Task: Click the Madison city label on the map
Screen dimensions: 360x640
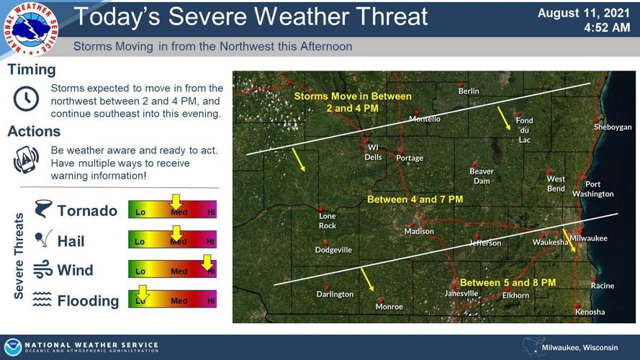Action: click(x=419, y=231)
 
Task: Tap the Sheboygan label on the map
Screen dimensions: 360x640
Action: click(x=613, y=127)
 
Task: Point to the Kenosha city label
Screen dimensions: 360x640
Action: click(x=590, y=312)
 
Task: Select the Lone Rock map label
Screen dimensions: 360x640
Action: click(x=328, y=220)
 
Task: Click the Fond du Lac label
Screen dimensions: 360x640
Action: click(x=524, y=130)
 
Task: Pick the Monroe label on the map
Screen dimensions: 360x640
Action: click(x=389, y=307)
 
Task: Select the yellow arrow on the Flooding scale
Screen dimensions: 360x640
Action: click(x=142, y=292)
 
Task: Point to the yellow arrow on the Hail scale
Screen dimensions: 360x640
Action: click(x=175, y=232)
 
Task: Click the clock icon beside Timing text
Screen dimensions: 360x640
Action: click(x=27, y=98)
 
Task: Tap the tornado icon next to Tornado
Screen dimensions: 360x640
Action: click(x=42, y=210)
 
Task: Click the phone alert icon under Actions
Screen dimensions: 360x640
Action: click(x=27, y=159)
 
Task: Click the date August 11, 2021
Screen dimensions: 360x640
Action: click(x=578, y=13)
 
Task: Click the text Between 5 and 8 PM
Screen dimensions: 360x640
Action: click(x=508, y=282)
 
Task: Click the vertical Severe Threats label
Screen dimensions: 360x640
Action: click(x=19, y=256)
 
